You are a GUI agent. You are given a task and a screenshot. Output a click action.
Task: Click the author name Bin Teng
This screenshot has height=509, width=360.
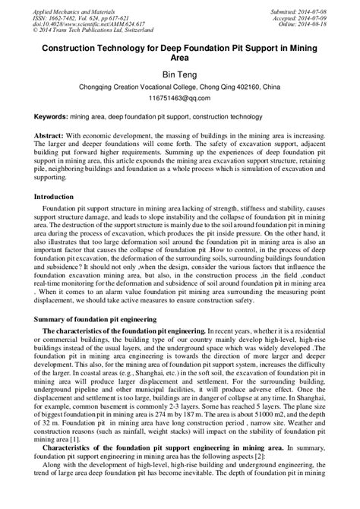coord(180,74)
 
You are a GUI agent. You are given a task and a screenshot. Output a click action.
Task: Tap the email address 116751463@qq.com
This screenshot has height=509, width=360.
coord(180,99)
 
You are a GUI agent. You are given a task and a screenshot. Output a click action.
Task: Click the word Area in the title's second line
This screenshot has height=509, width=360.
coord(180,55)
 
